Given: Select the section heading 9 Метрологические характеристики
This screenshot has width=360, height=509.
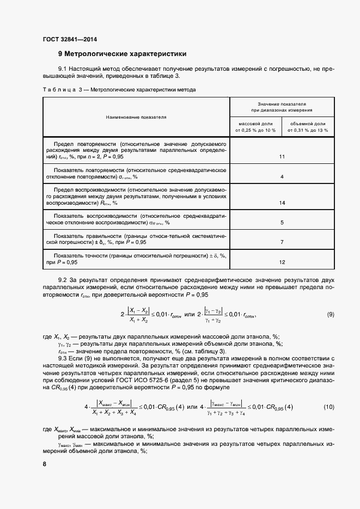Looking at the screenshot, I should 123,54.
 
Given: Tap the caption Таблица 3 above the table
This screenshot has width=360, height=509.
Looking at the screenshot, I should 57,89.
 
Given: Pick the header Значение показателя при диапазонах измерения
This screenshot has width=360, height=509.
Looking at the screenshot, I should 282,106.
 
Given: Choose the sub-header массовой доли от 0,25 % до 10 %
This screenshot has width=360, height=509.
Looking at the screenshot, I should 256,127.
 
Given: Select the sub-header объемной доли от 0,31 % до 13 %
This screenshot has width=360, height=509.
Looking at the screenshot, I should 308,127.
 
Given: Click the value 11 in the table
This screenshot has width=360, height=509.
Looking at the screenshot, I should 282,157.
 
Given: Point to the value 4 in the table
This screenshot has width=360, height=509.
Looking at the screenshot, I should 282,177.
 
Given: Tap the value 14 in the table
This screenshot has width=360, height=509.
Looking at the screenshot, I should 282,203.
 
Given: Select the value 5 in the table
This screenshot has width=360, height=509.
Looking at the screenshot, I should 282,223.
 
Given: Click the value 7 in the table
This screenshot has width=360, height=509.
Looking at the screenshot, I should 282,242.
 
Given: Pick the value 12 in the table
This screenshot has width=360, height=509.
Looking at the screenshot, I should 282,262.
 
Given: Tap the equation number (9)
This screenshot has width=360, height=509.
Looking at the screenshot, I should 330,315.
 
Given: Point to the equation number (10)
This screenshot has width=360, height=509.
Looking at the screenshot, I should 328,408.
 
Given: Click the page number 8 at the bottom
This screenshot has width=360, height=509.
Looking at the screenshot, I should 44,463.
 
